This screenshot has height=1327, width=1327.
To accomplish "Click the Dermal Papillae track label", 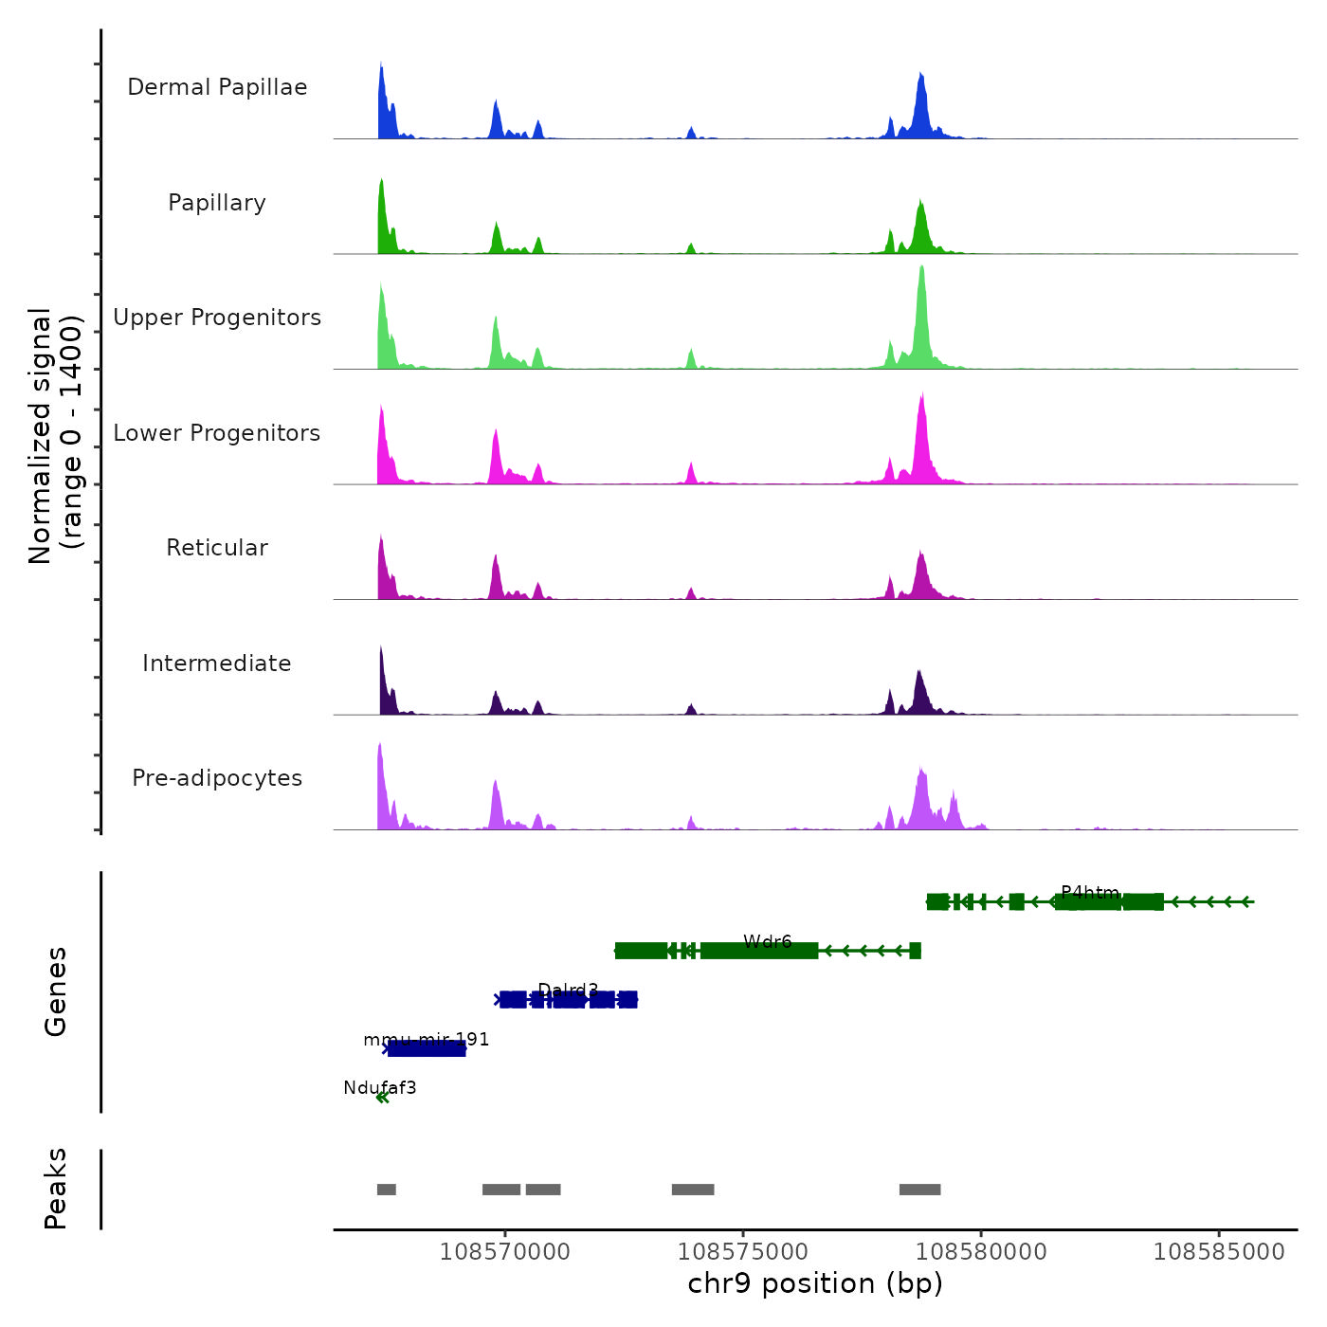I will [217, 87].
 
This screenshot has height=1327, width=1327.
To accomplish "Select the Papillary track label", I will [217, 203].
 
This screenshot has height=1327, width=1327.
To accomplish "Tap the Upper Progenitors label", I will [217, 318].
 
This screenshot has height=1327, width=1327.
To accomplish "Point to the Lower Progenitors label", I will [217, 433].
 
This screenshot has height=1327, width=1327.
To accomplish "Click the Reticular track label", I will [217, 548].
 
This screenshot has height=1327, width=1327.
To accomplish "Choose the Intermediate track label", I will [217, 663].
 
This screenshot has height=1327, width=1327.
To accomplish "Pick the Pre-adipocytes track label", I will [217, 778].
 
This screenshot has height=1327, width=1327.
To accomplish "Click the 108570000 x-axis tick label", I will [505, 1252].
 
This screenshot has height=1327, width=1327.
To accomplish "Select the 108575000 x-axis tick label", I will [743, 1252].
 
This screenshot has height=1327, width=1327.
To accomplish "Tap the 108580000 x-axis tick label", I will [981, 1252].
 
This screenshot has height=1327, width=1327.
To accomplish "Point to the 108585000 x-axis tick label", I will [1219, 1252].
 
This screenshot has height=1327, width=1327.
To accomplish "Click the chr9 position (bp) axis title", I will [815, 1284].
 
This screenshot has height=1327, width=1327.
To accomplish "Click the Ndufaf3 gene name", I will [380, 1088].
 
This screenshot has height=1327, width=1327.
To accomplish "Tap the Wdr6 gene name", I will [768, 942].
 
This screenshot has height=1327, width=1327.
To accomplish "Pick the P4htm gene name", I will [1090, 893].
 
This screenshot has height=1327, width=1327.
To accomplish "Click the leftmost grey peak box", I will [386, 1190].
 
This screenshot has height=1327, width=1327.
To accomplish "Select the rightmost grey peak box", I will [919, 1190].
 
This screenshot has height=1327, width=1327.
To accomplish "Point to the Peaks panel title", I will [56, 1189].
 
